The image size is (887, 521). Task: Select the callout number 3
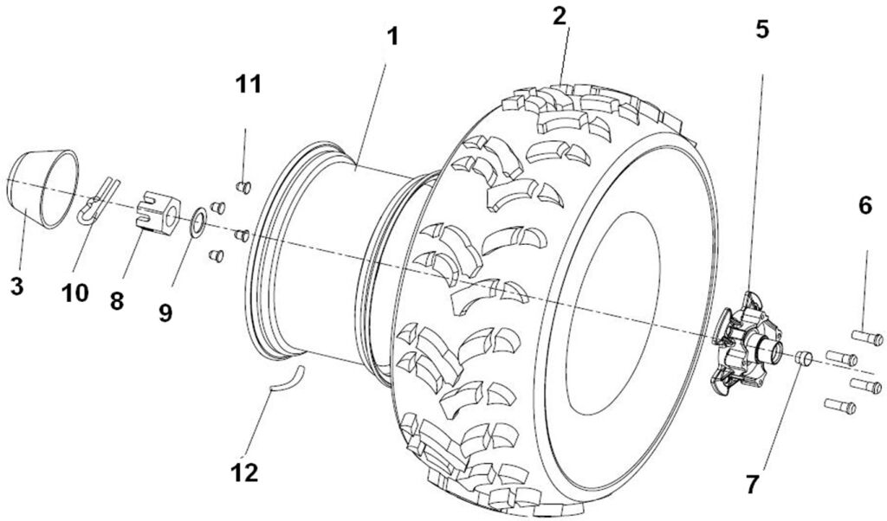pyautogui.click(x=16, y=286)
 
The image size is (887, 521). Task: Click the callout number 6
pyautogui.click(x=864, y=206)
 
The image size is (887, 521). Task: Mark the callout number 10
pyautogui.click(x=74, y=293)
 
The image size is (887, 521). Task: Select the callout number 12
pyautogui.click(x=244, y=473)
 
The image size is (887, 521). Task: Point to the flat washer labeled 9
pyautogui.click(x=197, y=222)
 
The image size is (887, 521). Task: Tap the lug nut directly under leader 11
pyautogui.click(x=243, y=186)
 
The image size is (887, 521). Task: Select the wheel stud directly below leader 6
pyautogui.click(x=866, y=338)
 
